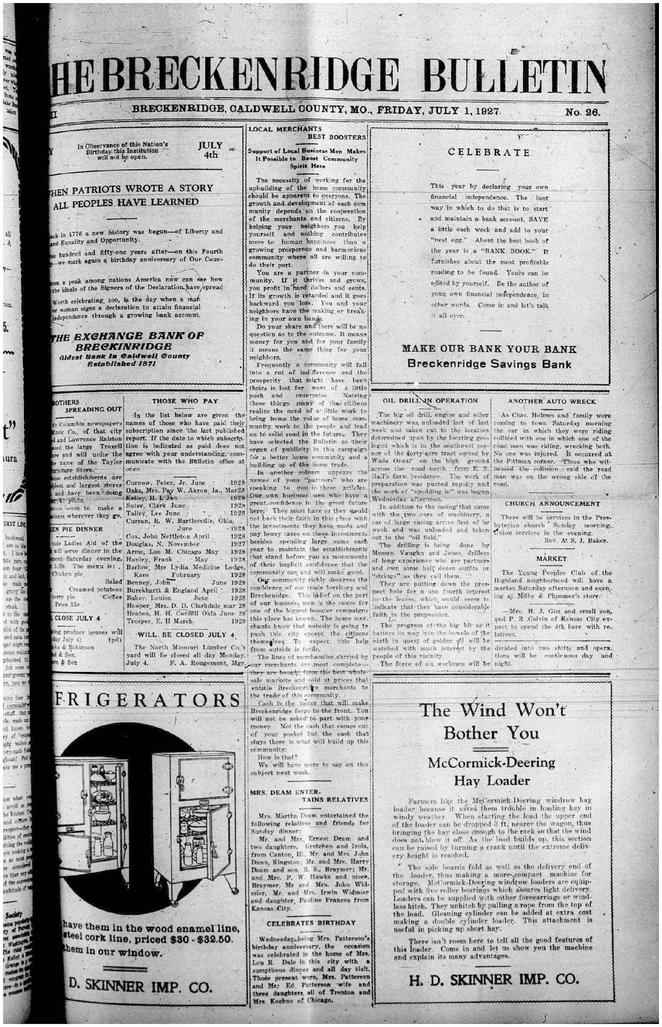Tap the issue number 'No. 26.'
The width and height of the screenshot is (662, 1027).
coord(583,112)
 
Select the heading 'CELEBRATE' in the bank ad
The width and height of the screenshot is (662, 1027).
coord(489,153)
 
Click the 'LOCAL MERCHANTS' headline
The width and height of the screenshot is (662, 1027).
coord(285,129)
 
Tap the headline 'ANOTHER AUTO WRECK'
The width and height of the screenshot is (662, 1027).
coord(551,401)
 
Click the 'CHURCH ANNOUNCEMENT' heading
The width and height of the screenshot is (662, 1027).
coord(552,504)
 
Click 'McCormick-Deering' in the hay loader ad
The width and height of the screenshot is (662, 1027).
coord(492,763)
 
